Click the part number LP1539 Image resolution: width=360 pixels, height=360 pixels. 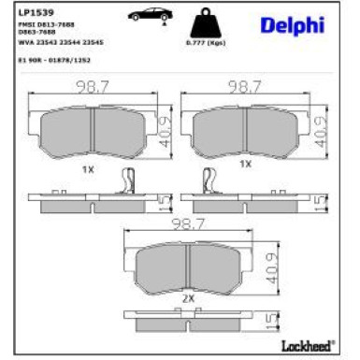pyautogui.click(x=32, y=12)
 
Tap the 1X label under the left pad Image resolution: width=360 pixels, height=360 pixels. pyautogui.click(x=87, y=168)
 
